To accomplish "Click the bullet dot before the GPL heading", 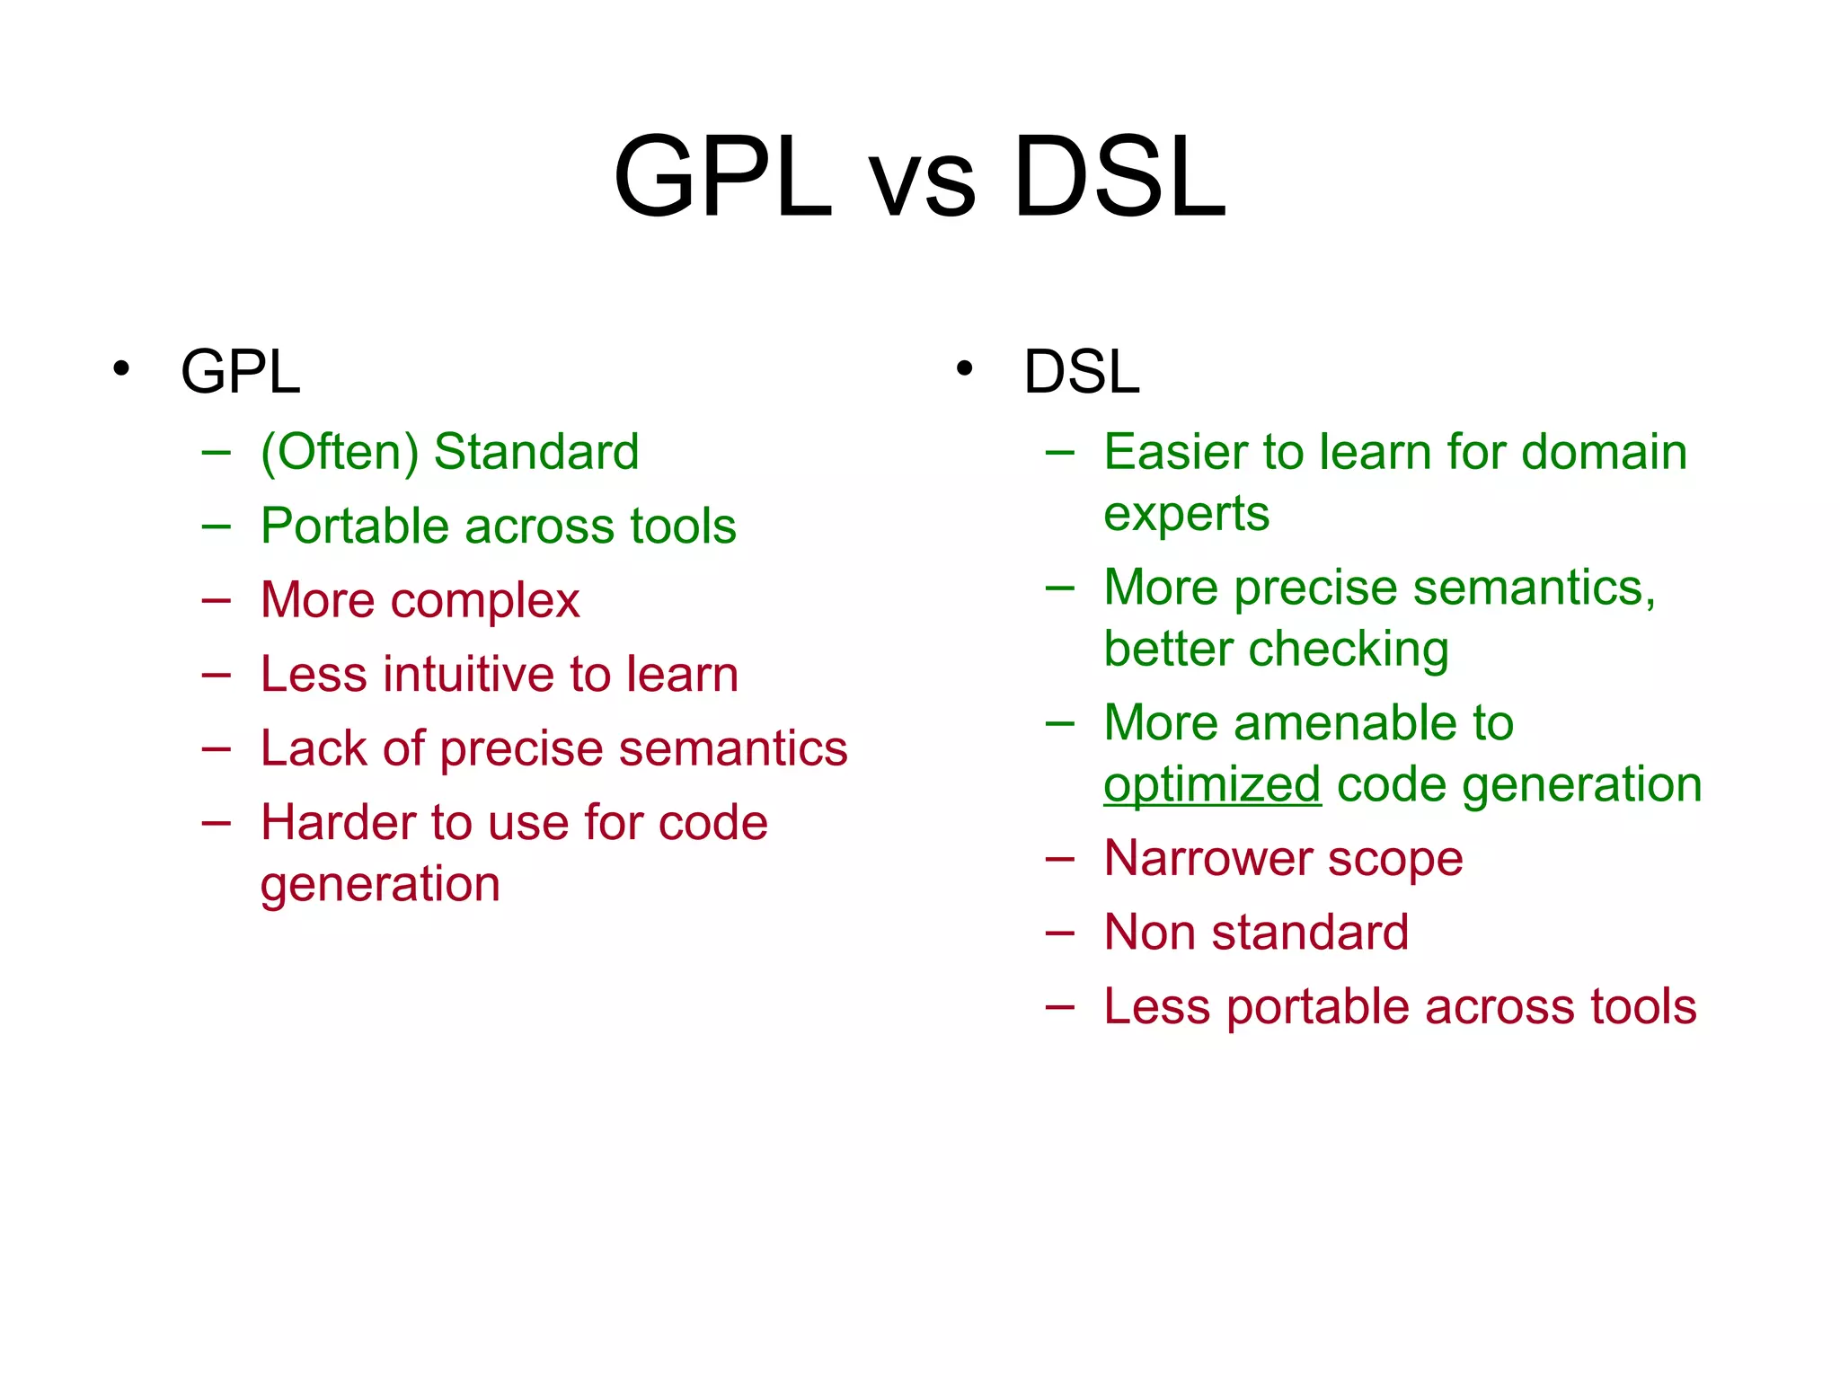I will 121,368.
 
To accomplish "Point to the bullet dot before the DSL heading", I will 964,368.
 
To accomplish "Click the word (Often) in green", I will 340,452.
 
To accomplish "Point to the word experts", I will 1186,515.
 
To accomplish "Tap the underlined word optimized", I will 1212,785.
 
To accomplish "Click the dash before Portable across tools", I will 217,526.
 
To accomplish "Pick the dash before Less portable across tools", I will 1059,1006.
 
